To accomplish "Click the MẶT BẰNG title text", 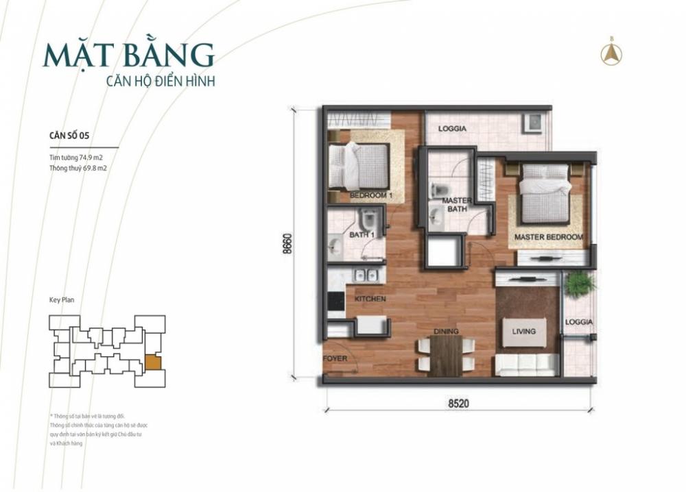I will (x=129, y=55).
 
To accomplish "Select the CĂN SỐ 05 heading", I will (x=69, y=136).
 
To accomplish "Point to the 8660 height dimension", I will (x=287, y=244).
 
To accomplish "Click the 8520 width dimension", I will (x=458, y=404).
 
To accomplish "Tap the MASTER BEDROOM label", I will (x=549, y=237).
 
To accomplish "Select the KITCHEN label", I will (x=370, y=299).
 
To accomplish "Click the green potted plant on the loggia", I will (x=579, y=284).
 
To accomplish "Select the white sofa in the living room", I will (x=526, y=365).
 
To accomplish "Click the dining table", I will (x=445, y=355).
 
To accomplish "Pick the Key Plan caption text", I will (x=62, y=300).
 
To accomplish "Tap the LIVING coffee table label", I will (x=524, y=332).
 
